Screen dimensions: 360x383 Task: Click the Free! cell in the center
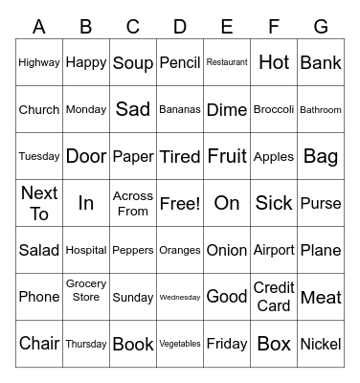pos(180,203)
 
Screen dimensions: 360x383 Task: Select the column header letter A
pos(39,27)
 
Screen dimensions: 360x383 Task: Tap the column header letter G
pos(321,27)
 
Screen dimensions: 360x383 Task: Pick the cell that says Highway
pos(39,62)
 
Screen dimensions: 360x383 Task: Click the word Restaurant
pos(227,62)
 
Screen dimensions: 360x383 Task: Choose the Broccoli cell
pos(274,109)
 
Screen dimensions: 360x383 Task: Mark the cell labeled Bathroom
pos(321,109)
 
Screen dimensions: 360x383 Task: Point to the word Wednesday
pos(180,297)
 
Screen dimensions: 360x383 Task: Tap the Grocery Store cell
pos(86,290)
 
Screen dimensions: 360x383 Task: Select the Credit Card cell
pos(274,297)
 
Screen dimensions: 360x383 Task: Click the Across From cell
pos(133,203)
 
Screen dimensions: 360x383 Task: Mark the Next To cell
pos(39,203)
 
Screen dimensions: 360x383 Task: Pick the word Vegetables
pos(180,344)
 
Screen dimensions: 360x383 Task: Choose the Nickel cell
pos(321,344)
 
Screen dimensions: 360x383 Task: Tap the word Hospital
pos(86,250)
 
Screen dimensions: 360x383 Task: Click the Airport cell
pos(274,250)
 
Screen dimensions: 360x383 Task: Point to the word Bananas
pos(180,109)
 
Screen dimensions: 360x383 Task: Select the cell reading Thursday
pos(86,344)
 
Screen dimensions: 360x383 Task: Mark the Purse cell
pos(321,203)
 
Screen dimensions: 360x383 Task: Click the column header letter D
pos(180,27)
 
